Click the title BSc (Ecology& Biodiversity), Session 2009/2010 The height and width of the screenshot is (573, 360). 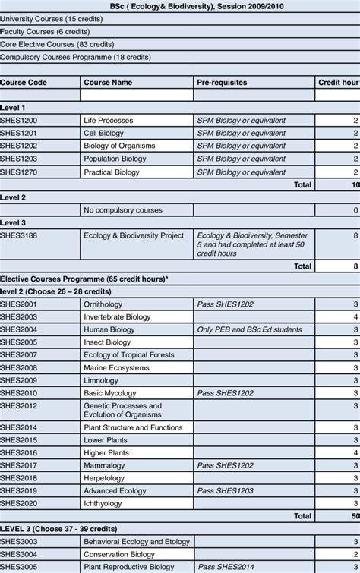pos(179,6)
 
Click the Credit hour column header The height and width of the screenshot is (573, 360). pos(338,82)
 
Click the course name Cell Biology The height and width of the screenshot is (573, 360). pos(104,134)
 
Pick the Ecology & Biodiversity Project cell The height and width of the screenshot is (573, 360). pos(134,236)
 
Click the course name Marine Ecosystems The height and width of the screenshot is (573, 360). pos(116,368)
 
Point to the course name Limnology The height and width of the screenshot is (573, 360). pos(102,381)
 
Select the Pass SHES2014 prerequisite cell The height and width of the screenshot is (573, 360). pos(226,567)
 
